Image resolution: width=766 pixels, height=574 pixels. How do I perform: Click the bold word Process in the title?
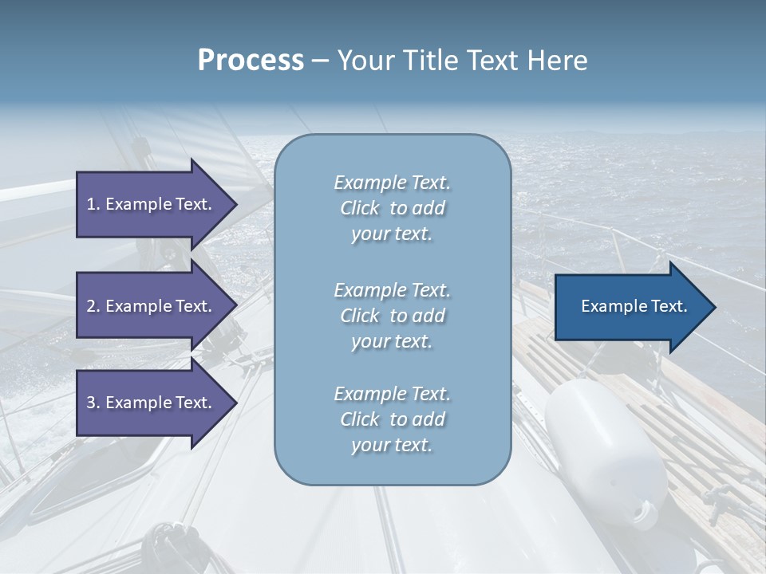(x=251, y=61)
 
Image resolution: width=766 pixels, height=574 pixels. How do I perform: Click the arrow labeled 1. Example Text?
(x=152, y=204)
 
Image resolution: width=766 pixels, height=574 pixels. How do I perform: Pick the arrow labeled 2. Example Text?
(x=152, y=306)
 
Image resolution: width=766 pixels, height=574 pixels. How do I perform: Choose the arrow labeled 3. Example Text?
(x=152, y=403)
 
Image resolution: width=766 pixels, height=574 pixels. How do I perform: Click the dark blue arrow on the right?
(x=630, y=307)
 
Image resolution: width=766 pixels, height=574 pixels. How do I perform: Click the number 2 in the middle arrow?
(x=91, y=306)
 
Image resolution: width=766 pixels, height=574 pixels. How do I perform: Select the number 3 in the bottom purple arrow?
(x=91, y=403)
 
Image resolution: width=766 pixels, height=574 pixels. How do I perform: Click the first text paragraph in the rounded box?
(x=392, y=208)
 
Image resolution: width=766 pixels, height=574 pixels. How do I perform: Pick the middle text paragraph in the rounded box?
(x=392, y=316)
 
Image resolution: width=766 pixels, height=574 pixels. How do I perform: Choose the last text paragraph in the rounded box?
(x=392, y=419)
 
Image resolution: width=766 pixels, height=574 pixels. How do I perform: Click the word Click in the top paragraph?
(x=360, y=208)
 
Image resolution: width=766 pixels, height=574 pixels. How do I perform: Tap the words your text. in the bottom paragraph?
(x=392, y=445)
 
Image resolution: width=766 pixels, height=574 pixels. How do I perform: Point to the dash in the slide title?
(x=320, y=61)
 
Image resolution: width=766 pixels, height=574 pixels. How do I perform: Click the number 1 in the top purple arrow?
(x=91, y=204)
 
